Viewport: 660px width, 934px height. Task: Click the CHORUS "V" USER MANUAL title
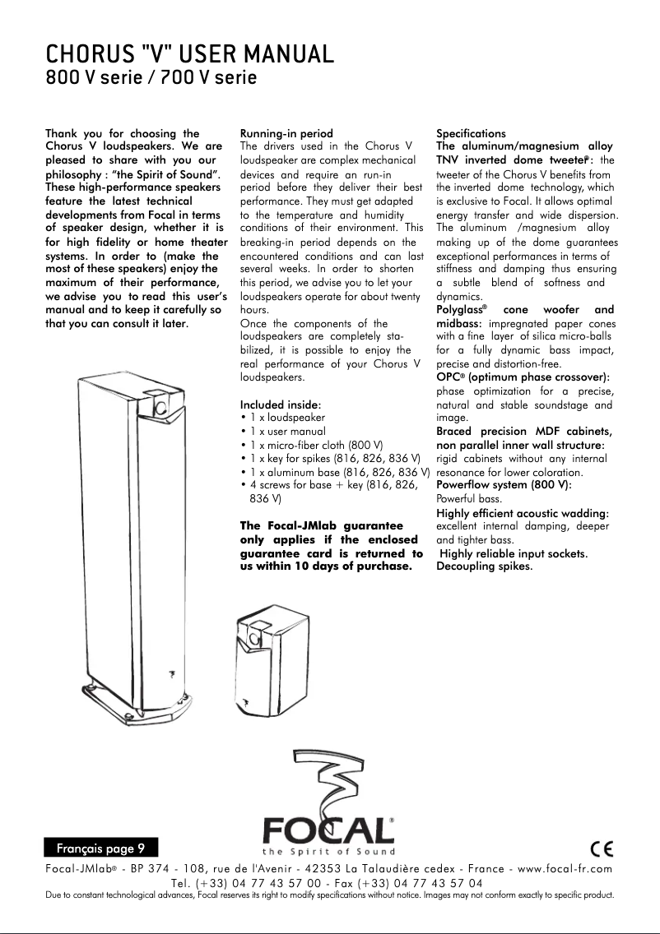coord(189,55)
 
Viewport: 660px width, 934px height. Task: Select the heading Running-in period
coord(286,133)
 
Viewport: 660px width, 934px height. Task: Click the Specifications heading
coord(471,133)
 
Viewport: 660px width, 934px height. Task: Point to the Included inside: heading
coord(281,405)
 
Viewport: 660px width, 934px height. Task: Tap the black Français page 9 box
coord(100,847)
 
